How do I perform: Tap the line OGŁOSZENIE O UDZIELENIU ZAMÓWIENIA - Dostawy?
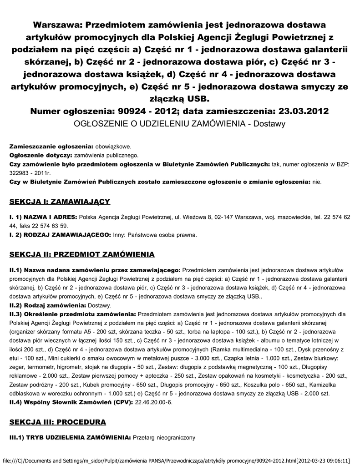pyautogui.click(x=180, y=123)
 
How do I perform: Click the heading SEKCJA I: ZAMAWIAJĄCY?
pyautogui.click(x=60, y=201)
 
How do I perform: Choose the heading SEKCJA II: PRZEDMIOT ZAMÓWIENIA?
pyautogui.click(x=82, y=253)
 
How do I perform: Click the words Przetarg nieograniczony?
pyautogui.click(x=164, y=438)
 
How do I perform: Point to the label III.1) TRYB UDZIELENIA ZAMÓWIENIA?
pyautogui.click(x=70, y=438)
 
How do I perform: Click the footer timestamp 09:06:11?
pyautogui.click(x=340, y=460)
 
